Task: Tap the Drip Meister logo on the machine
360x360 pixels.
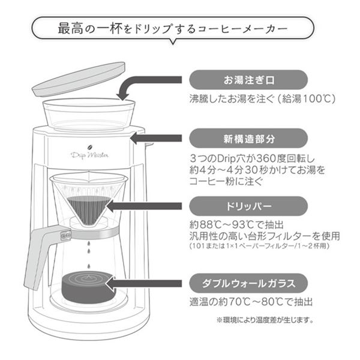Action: click(89, 154)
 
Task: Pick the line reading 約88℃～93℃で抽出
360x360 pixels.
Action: click(236, 226)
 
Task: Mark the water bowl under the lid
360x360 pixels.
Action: click(89, 113)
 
